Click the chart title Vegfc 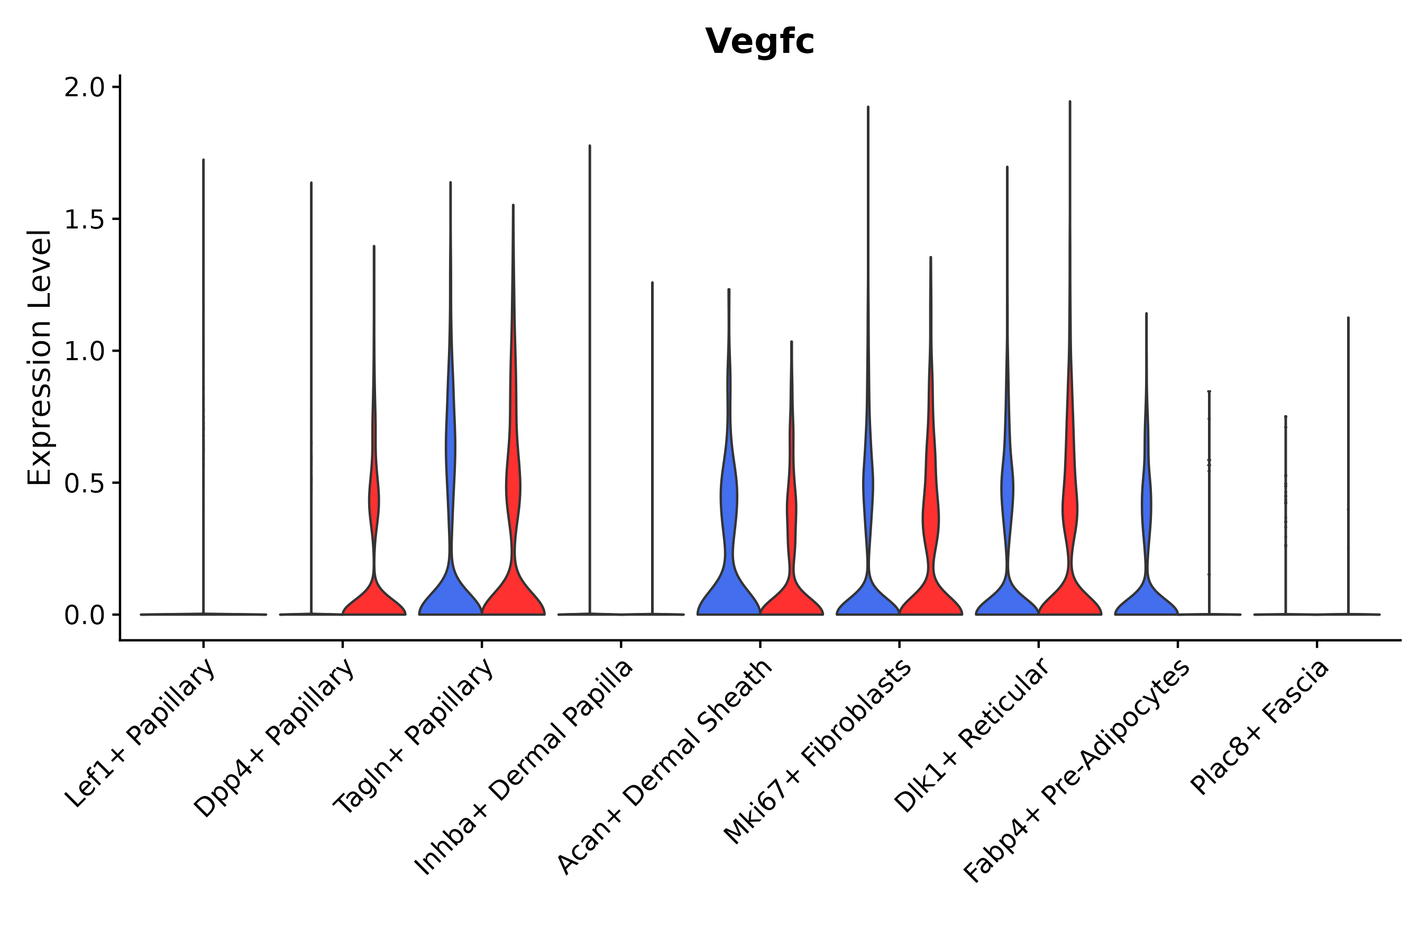(759, 42)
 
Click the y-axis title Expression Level (40, 358)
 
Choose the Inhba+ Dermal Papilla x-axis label (524, 767)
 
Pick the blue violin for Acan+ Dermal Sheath (729, 583)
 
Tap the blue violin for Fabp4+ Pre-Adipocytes (1146, 598)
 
